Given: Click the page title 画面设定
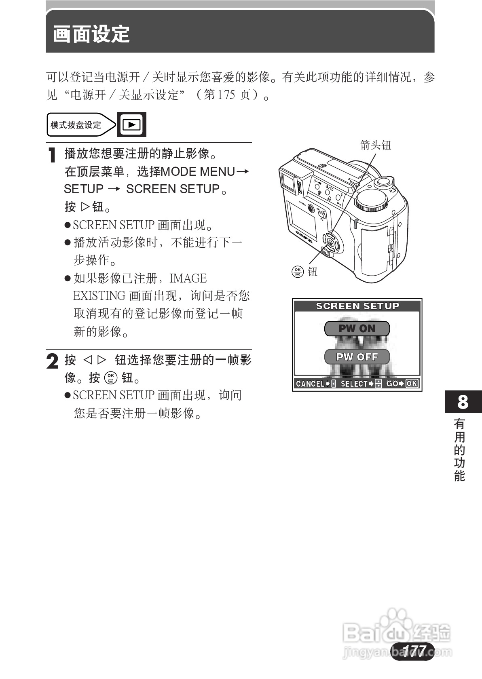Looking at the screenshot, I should pyautogui.click(x=91, y=34).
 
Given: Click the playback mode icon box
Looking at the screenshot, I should pyautogui.click(x=131, y=124).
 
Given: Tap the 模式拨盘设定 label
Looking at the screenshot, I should pyautogui.click(x=76, y=125).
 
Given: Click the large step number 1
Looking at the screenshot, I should pyautogui.click(x=52, y=156).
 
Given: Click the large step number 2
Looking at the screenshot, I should pyautogui.click(x=53, y=361).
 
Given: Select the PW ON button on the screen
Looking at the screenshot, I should pyautogui.click(x=357, y=329).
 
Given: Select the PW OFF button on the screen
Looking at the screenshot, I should pyautogui.click(x=357, y=357).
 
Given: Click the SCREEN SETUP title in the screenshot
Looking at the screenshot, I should pyautogui.click(x=357, y=306).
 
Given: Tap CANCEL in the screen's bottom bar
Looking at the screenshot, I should pyautogui.click(x=310, y=384).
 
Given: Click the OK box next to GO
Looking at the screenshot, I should pyautogui.click(x=412, y=384).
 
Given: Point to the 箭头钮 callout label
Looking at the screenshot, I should pyautogui.click(x=376, y=145).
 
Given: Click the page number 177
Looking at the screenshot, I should pyautogui.click(x=413, y=651).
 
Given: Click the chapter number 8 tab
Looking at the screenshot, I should pyautogui.click(x=463, y=402).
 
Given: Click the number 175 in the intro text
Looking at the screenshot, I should pyautogui.click(x=226, y=95).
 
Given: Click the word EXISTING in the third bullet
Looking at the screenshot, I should pyautogui.click(x=99, y=296).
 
